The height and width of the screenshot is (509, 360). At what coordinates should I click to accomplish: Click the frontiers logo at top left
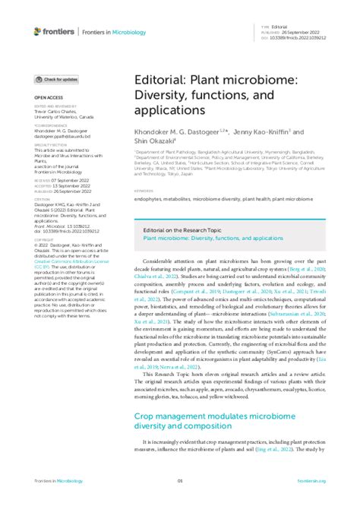[x=53, y=31]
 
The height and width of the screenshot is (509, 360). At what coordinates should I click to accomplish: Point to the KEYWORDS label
[x=143, y=191]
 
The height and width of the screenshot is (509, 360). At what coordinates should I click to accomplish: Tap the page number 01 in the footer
[x=180, y=481]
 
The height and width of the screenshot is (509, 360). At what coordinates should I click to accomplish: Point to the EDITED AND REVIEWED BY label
[x=53, y=106]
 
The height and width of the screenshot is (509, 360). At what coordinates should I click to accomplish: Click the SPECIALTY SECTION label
[x=50, y=144]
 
